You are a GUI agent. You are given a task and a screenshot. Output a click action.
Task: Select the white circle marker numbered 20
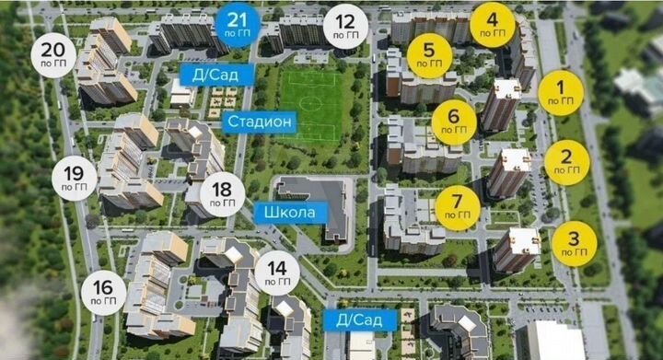[53, 56]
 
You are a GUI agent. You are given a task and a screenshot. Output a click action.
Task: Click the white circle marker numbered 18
[222, 194]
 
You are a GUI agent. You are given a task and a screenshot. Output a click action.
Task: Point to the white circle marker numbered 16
[104, 294]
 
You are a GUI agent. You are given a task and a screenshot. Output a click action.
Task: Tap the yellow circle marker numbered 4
[493, 25]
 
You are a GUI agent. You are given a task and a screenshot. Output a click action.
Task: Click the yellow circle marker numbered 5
[429, 56]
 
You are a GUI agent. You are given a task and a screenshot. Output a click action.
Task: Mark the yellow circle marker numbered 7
[458, 209]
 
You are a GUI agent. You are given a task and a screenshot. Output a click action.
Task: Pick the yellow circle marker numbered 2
[566, 162]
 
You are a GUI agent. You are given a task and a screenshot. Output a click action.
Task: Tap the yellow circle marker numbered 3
[574, 244]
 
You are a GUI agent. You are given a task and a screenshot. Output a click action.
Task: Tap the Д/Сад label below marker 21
[210, 75]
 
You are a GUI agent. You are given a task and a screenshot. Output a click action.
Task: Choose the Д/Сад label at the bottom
[360, 320]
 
